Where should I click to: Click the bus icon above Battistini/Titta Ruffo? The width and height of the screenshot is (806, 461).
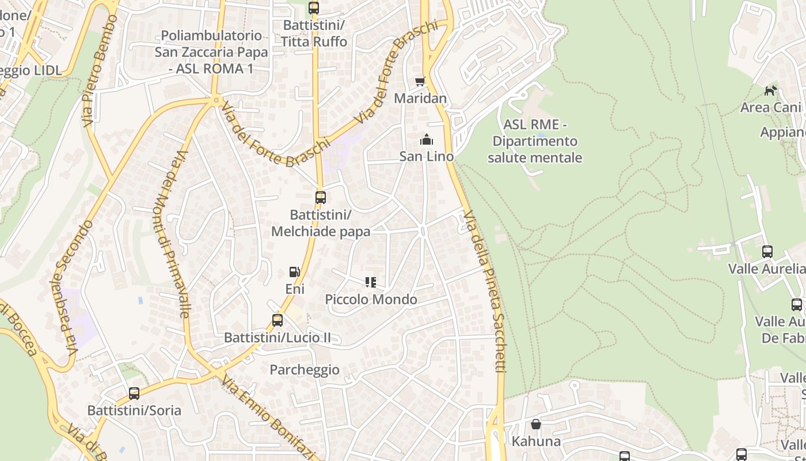(x=314, y=8)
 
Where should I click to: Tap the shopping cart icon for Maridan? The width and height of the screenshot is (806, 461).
(x=420, y=82)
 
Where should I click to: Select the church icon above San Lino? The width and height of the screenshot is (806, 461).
(x=426, y=139)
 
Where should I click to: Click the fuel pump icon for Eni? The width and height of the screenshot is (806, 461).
(x=294, y=272)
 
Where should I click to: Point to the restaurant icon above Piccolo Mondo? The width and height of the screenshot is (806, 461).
(x=371, y=282)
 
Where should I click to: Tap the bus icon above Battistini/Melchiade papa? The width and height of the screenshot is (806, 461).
(x=321, y=198)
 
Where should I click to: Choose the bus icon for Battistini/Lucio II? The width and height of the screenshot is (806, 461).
(x=277, y=320)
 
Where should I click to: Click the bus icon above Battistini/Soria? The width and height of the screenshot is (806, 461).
(x=134, y=394)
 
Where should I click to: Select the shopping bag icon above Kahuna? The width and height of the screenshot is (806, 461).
(x=536, y=425)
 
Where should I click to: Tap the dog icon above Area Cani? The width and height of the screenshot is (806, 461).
(x=770, y=90)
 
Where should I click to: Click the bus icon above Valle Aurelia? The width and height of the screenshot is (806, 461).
(x=767, y=252)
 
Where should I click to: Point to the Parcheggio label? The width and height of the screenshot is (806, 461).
(x=305, y=369)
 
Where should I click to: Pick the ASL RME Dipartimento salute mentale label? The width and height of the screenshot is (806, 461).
(x=535, y=141)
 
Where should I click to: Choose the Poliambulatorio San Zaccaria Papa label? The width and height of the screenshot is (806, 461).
(x=211, y=52)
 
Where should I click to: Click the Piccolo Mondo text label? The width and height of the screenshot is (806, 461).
(x=371, y=300)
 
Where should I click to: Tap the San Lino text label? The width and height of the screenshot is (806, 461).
(x=427, y=156)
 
